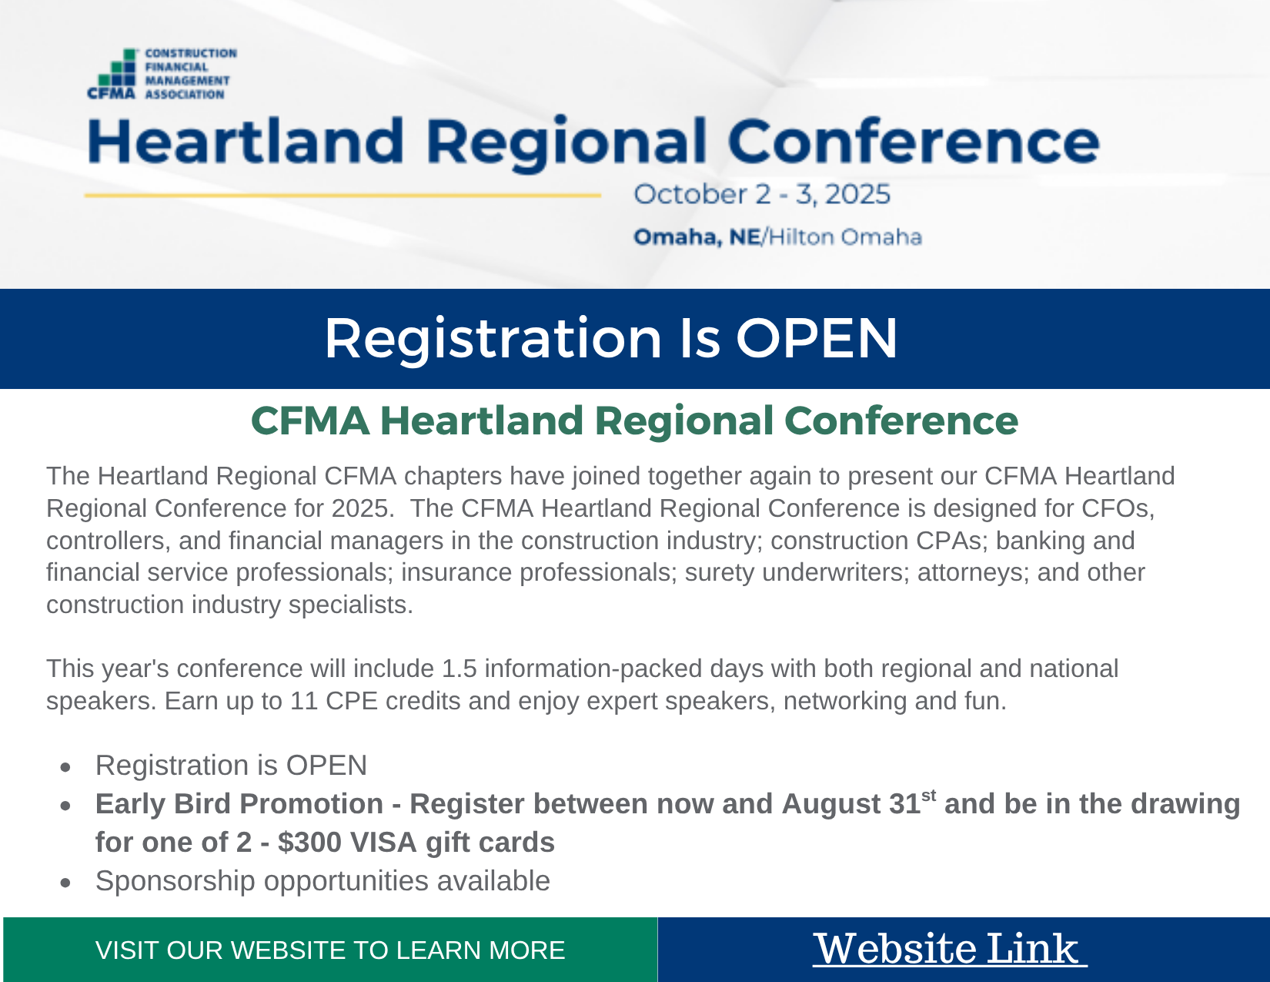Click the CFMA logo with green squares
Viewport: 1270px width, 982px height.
[162, 74]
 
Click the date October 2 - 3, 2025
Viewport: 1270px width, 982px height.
[761, 194]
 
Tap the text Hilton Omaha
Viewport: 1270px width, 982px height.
[845, 237]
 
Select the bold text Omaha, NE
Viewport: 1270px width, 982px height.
[697, 237]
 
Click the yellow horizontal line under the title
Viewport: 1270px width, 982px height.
[343, 196]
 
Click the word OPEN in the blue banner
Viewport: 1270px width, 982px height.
[816, 339]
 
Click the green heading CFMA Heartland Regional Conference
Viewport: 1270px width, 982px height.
[634, 422]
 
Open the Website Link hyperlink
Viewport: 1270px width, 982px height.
[950, 949]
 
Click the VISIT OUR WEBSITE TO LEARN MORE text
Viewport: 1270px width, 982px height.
[330, 950]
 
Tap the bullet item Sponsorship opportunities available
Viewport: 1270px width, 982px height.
[323, 881]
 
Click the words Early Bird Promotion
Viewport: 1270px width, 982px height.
[239, 804]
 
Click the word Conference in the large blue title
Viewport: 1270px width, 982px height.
[914, 141]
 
